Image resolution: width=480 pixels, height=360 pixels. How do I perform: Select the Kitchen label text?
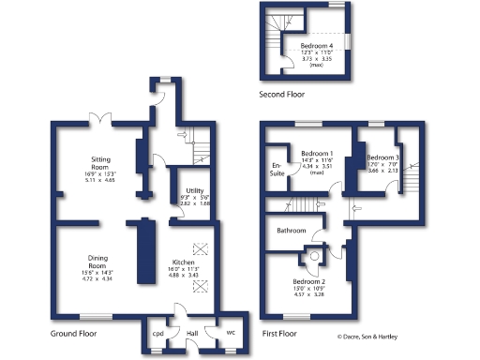[184, 263]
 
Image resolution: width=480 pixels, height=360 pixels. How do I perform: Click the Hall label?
[192, 333]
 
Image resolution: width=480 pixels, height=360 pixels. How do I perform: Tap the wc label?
[231, 333]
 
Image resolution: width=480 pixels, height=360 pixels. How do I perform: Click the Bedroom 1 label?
[317, 154]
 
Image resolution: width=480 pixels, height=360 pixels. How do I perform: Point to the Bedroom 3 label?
[382, 157]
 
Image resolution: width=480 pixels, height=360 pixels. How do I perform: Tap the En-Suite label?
[277, 169]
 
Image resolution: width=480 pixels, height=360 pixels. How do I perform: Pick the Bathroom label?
[292, 230]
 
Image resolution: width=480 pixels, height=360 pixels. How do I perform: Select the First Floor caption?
[280, 333]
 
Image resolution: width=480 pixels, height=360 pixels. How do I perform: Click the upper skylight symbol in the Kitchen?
[198, 247]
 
